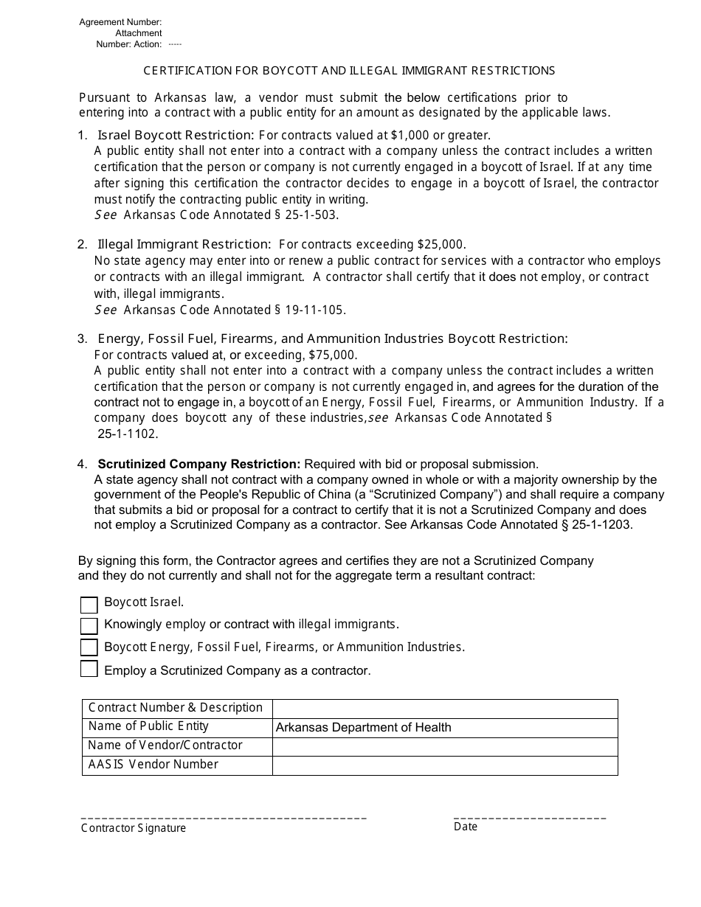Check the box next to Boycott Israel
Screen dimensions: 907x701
(x=89, y=605)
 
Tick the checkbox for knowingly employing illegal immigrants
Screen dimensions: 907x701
(x=89, y=626)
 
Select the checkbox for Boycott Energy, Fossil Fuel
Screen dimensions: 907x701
(x=89, y=647)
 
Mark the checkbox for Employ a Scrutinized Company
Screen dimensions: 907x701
(x=89, y=669)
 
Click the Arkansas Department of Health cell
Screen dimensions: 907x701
(x=444, y=728)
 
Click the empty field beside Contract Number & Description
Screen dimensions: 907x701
(x=444, y=709)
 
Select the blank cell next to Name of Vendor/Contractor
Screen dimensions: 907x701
(x=444, y=746)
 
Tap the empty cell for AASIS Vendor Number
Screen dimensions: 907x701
(x=444, y=765)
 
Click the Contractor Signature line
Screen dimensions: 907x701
(x=223, y=818)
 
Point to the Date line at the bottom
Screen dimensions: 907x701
(x=529, y=818)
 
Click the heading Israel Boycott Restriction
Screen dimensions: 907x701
(x=176, y=135)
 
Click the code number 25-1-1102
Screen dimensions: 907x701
(x=128, y=434)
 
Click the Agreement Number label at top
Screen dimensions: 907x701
(x=120, y=23)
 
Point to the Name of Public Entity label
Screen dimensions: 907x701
(x=148, y=726)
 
